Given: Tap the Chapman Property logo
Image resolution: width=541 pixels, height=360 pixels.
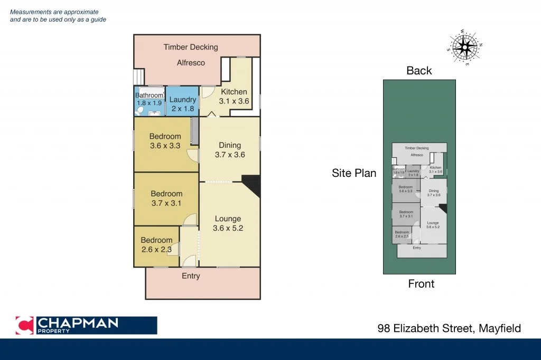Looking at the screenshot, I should tap(86, 325).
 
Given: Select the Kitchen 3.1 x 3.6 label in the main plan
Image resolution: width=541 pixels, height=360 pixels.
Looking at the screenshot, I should tap(234, 97).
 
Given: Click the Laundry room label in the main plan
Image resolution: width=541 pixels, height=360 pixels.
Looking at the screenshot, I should tap(183, 104).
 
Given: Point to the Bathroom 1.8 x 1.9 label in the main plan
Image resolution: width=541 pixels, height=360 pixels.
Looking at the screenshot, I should tap(150, 99).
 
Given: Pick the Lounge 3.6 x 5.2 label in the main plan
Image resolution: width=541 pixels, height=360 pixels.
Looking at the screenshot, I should tap(228, 223).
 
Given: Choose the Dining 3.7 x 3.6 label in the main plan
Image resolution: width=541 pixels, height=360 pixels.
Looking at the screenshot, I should tap(230, 150).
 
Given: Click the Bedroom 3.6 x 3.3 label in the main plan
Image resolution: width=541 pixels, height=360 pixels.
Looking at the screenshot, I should tap(165, 141).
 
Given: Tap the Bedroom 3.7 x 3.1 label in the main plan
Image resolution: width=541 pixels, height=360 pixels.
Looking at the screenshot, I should tap(166, 198).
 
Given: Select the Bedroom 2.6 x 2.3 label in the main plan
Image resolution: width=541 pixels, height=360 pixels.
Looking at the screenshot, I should tap(156, 245).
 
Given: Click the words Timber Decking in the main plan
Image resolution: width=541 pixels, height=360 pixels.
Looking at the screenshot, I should tap(191, 47).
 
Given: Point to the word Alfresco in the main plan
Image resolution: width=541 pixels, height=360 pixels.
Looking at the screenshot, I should tap(191, 63).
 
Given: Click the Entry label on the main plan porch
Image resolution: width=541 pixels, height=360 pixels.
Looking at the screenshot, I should tap(191, 276).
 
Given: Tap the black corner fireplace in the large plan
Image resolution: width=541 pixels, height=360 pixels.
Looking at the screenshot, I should tap(251, 185).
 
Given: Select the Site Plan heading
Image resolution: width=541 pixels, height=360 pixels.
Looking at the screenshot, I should tap(354, 173).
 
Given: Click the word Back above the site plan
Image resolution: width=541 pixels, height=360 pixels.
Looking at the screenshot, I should tap(419, 71).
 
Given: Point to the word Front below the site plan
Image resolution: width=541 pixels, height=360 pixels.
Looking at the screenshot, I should tap(421, 284).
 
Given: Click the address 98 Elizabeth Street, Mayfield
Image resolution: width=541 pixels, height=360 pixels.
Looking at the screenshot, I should tap(449, 328).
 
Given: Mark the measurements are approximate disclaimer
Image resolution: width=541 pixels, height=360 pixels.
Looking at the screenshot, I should tap(58, 16).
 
